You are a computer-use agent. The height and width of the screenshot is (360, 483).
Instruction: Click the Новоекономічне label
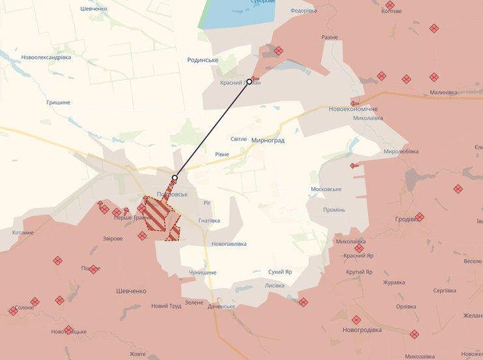353,109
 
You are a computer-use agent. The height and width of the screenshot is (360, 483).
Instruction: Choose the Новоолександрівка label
46,57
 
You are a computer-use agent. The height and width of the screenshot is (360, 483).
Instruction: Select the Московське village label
326,189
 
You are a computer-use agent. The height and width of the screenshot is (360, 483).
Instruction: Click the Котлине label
23,232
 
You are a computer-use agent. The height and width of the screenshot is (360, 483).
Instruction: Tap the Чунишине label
202,272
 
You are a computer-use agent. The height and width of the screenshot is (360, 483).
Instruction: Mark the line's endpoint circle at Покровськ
175,177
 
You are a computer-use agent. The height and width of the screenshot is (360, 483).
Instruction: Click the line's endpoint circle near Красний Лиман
249,82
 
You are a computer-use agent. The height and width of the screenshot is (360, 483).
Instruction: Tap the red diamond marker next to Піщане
94,269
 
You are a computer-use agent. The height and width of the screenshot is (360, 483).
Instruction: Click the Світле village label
239,139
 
